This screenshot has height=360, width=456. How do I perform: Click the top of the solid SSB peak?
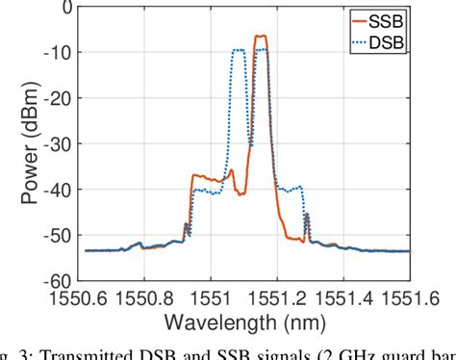[261, 37]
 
